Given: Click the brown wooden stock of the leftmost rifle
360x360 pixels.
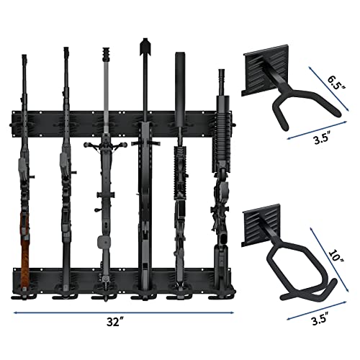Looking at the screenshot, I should point(27,245).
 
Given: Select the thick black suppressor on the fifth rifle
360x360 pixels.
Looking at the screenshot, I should point(179,79).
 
